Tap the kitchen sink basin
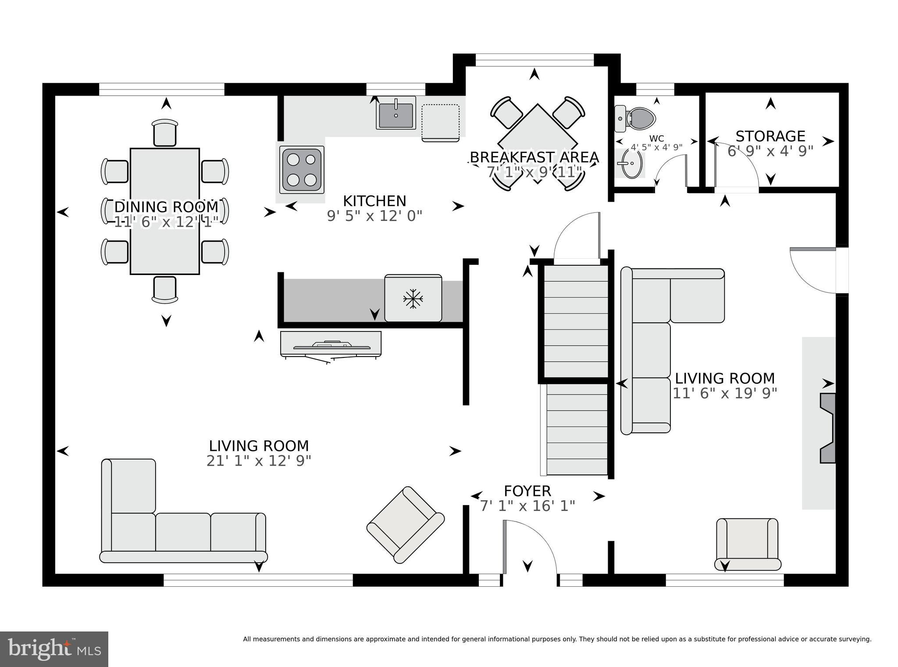pos(396,114)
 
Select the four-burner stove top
pos(302,170)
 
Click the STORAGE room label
pos(770,136)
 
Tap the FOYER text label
pos(527,491)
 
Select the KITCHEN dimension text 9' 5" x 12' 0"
pos(374,216)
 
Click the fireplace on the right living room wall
pos(827,428)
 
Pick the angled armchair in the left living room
pos(405,524)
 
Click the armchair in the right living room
pos(747,544)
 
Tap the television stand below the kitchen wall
pos(331,343)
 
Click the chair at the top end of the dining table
pos(165,132)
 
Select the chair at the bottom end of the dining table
pos(165,289)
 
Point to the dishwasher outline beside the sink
pos(440,122)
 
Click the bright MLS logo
pos(54,649)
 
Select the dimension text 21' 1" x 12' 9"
pos(259,461)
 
